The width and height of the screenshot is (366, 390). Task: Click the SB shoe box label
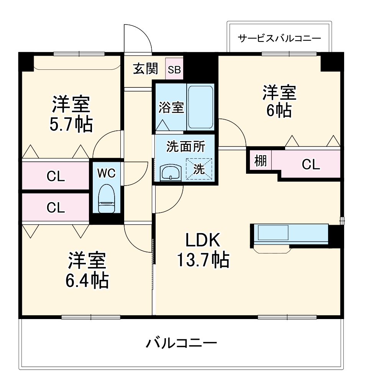(x=174, y=70)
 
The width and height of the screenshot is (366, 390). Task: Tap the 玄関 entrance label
(x=146, y=69)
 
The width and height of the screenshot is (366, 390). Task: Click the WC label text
(x=106, y=173)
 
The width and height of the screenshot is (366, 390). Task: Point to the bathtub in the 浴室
(x=200, y=107)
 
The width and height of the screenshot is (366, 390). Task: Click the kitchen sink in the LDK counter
(x=273, y=232)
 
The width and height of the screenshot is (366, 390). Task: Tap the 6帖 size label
(x=279, y=110)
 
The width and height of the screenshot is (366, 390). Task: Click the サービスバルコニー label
(x=279, y=38)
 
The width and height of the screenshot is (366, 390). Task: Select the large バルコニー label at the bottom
(x=181, y=342)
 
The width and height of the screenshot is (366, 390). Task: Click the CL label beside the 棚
(x=310, y=164)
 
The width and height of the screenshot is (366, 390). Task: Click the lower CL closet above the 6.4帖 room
(x=56, y=207)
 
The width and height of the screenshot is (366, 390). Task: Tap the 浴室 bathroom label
(x=171, y=107)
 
